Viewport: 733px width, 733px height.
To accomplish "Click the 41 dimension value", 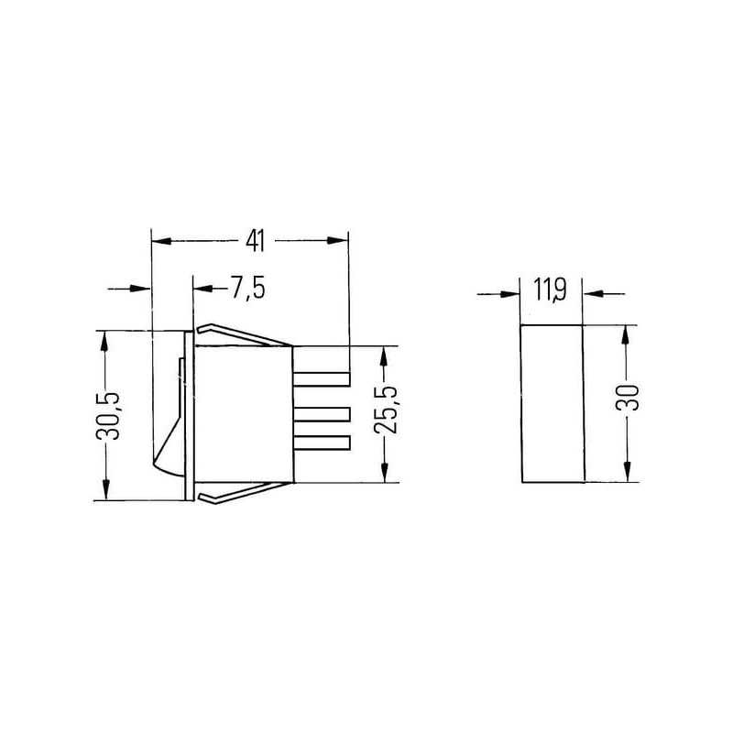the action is [x=256, y=241].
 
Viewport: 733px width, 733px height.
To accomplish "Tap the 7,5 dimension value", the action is [x=248, y=288].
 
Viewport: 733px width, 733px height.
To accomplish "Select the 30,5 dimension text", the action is [x=108, y=416].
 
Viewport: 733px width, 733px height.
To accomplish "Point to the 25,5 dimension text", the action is [x=386, y=409].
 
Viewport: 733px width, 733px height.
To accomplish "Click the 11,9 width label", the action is [x=551, y=291].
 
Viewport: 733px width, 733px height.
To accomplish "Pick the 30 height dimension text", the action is [x=628, y=398].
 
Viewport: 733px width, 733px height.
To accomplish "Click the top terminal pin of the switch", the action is [x=322, y=378].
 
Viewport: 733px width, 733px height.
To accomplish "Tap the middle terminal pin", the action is [x=322, y=414].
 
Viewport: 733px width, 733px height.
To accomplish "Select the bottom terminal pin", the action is [x=322, y=443].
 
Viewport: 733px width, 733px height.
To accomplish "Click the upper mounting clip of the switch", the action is [x=244, y=335].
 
